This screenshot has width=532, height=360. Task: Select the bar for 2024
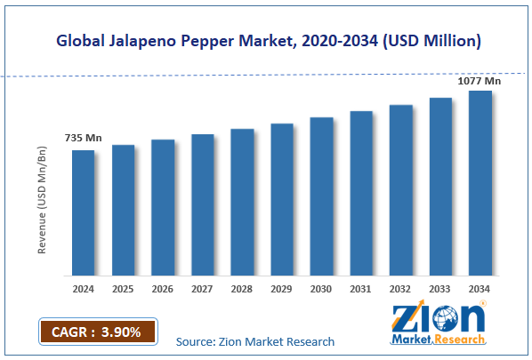[x=84, y=212]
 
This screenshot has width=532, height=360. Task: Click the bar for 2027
[x=203, y=204]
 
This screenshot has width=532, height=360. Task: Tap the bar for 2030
[x=321, y=196]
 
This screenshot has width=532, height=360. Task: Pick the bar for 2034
[x=480, y=182]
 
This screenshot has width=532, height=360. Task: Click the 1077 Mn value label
[x=480, y=81]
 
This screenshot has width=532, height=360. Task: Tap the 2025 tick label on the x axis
[x=123, y=288]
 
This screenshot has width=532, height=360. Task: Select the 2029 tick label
[x=282, y=288]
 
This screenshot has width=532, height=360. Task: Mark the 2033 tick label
[x=440, y=288]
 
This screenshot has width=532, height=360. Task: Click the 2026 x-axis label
[x=163, y=288]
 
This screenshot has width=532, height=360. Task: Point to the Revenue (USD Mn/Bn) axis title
[x=42, y=196]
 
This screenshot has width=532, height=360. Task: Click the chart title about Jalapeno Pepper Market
[x=266, y=40]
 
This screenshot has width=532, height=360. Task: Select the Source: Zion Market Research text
[x=255, y=341]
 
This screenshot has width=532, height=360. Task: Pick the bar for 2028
[x=242, y=202]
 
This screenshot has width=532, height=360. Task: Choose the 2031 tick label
[x=361, y=288]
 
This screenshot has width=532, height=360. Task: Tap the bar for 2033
[x=440, y=186]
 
